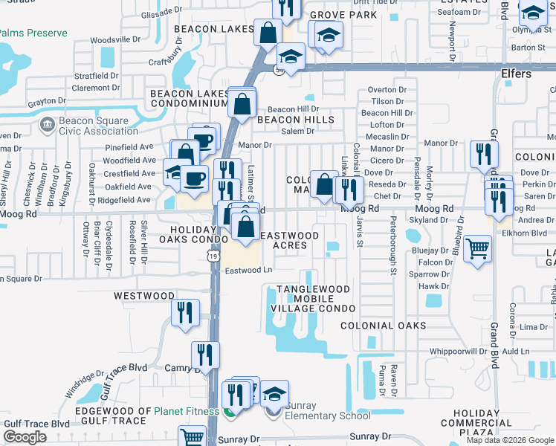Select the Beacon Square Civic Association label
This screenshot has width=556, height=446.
(x=91, y=126)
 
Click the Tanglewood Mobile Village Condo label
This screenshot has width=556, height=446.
(x=317, y=298)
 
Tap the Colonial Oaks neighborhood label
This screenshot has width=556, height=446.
(x=384, y=326)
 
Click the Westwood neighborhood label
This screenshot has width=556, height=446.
(x=144, y=296)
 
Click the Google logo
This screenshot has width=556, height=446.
(x=25, y=437)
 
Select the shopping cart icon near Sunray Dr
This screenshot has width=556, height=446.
(x=193, y=437)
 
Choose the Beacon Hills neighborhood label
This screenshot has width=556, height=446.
(x=295, y=119)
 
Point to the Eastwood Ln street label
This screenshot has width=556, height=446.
(x=249, y=271)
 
